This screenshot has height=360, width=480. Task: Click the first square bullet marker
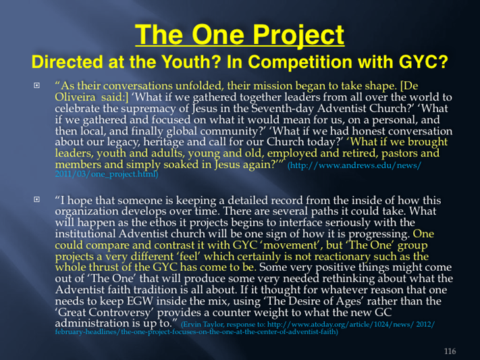pyautogui.click(x=36, y=85)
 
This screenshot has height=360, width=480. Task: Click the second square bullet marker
pyautogui.click(x=36, y=199)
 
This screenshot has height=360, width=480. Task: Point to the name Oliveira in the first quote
pyautogui.click(x=75, y=97)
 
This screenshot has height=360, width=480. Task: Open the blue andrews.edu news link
pyautogui.click(x=238, y=170)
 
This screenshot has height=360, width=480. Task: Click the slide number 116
pyautogui.click(x=450, y=351)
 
